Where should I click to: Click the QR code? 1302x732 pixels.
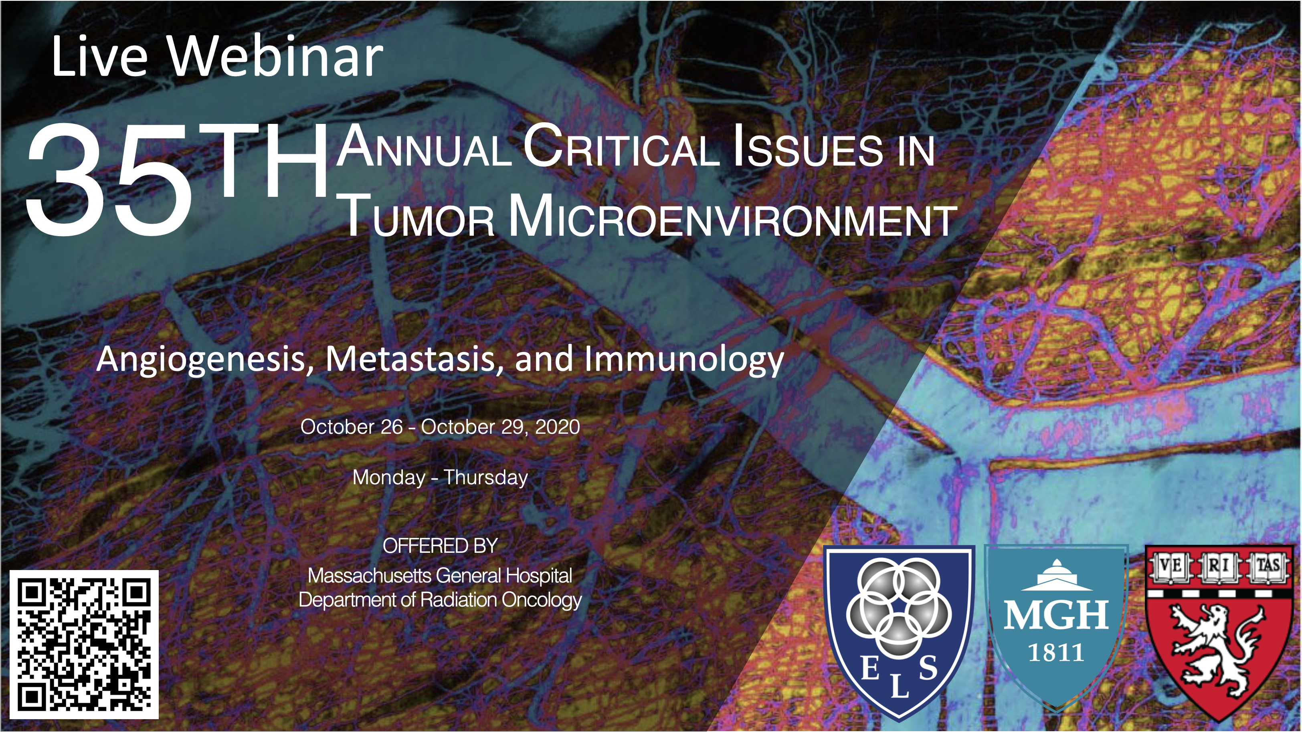[84, 645]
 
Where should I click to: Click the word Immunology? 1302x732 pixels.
[684, 360]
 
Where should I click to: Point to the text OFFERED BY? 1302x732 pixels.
[440, 546]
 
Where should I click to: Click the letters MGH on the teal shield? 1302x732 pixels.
[1056, 615]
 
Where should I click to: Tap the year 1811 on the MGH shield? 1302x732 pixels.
[1056, 653]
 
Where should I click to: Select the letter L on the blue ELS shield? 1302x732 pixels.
[899, 687]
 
